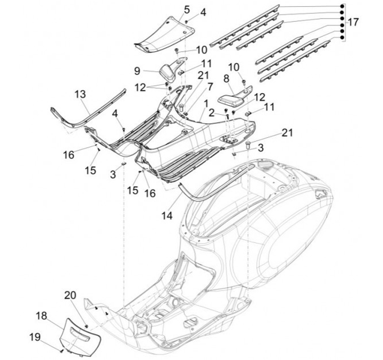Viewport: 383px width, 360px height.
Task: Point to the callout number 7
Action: point(195,86)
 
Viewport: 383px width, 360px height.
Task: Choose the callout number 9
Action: point(137,70)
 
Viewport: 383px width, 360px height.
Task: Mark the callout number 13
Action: point(80,94)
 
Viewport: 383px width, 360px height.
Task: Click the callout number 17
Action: point(353,22)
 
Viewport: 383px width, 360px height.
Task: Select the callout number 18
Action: point(41,315)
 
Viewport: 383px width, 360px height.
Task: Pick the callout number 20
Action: point(71,295)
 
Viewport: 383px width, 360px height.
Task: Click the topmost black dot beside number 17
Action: point(341,6)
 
